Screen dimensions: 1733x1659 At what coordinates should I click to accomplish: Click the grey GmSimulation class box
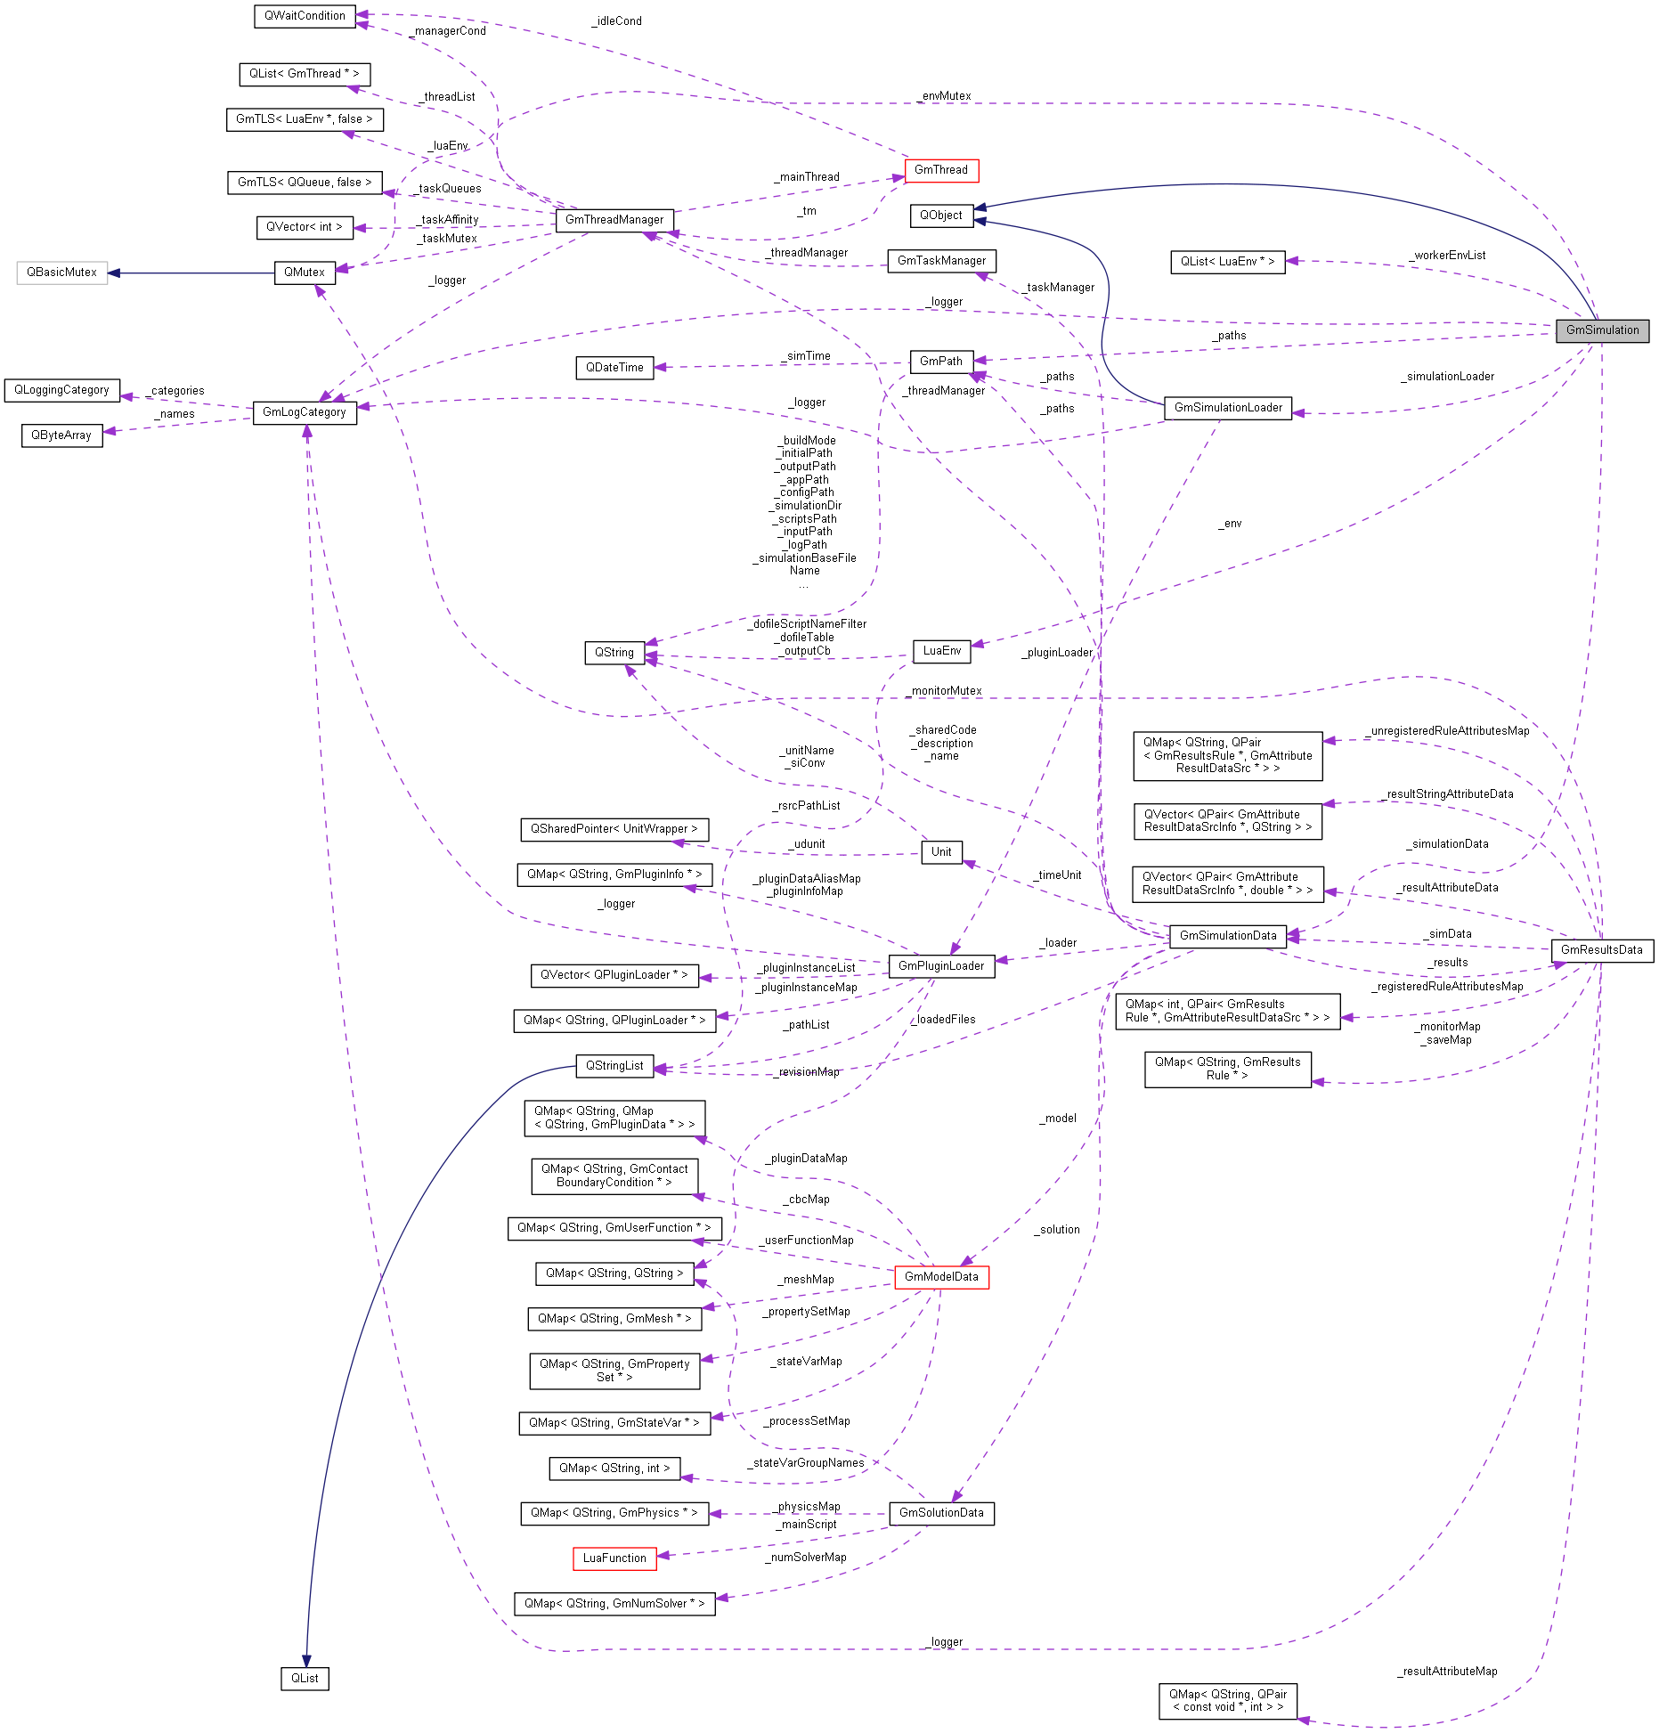coord(1601,330)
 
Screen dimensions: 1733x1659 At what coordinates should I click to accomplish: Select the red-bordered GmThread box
coord(940,169)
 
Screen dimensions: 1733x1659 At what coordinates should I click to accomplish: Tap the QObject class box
coord(940,215)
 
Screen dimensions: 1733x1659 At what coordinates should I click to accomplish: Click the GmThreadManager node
coord(614,219)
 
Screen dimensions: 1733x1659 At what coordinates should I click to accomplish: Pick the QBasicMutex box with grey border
coord(61,272)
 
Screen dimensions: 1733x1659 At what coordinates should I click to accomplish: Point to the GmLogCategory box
coord(304,411)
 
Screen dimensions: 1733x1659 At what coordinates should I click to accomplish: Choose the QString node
coord(614,652)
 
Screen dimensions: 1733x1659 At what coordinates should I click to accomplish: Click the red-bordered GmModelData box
coord(940,1276)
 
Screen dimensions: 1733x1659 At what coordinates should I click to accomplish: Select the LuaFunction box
coord(614,1558)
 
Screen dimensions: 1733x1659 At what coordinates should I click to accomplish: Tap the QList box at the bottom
coord(304,1678)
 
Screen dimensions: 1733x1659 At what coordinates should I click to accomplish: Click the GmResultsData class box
coord(1600,949)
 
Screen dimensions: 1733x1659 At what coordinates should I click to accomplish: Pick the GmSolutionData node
coord(940,1512)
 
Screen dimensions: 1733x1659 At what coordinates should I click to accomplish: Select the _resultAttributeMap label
coord(1447,1671)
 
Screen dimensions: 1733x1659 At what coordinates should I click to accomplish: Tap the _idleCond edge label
coord(616,20)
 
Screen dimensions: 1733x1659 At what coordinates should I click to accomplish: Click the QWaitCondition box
coord(304,15)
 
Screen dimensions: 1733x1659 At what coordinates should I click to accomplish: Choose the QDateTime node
coord(614,367)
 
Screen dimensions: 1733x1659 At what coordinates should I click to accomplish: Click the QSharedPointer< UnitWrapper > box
coord(614,828)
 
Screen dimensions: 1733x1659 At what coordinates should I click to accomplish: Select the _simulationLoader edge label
coord(1447,376)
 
